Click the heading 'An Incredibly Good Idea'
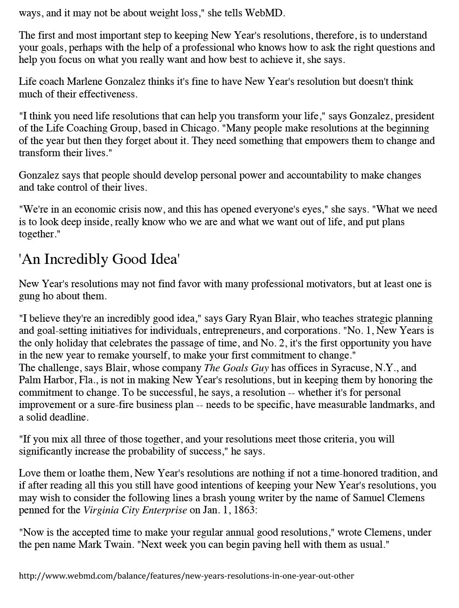tap(99, 259)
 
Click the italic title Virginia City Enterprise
tap(135, 510)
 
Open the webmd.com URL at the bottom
tap(186, 576)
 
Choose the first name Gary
tap(236, 318)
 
